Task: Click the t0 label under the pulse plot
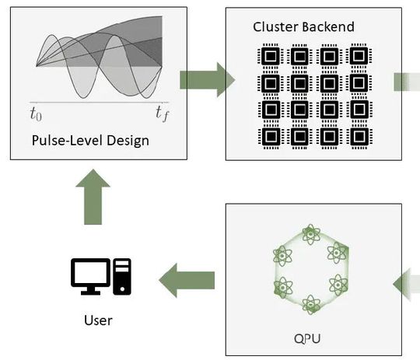click(x=37, y=116)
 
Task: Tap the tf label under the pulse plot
click(x=162, y=115)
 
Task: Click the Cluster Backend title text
click(x=303, y=27)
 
